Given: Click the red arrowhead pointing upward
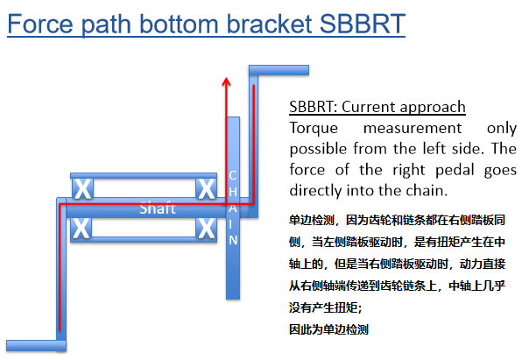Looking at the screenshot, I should coord(226,81).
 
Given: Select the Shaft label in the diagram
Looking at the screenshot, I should coord(158,208).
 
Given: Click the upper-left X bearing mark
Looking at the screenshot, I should coord(81,187).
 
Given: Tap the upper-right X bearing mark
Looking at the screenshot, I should coord(207,187).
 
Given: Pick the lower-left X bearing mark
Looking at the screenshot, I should coord(81,229).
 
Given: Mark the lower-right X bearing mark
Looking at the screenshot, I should coord(207,229).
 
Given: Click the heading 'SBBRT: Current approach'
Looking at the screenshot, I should coord(377,108).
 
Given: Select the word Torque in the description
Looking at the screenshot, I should coord(314,128).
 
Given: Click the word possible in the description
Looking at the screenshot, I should coord(318,148).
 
